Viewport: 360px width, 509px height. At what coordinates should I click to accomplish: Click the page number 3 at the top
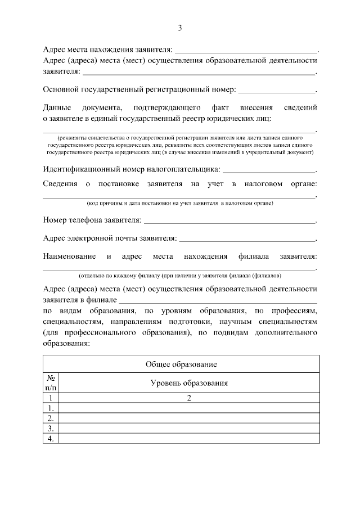pos(180,28)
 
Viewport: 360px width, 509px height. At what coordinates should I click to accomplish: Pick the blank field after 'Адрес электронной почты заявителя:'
pos(247,239)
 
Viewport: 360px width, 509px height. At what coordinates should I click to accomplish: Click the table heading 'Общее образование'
pos(181,364)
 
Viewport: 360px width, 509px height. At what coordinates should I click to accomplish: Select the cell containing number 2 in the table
pos(189,398)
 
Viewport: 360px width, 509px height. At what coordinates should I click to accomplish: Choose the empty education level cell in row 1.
pos(189,408)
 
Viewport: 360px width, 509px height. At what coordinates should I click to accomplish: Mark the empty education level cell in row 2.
pos(189,418)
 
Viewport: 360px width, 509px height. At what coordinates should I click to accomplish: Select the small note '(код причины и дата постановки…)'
pos(179,202)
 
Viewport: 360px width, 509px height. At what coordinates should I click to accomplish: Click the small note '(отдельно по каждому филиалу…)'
pos(179,276)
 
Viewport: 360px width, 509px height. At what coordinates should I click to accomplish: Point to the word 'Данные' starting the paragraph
pos(57,107)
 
